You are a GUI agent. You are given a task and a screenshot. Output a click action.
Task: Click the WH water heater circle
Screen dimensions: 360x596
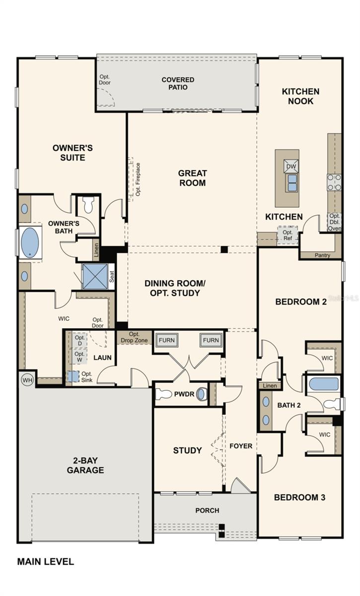coord(27,380)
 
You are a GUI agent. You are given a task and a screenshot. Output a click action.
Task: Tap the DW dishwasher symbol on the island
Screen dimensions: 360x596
coord(291,166)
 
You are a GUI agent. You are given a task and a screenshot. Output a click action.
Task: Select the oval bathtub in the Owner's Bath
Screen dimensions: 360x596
coord(29,242)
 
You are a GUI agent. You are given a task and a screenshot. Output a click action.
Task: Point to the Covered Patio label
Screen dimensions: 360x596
coord(178,83)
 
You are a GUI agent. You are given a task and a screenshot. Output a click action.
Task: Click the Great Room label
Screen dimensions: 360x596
coord(192,178)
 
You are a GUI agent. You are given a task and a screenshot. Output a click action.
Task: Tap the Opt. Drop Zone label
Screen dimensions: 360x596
coord(134,337)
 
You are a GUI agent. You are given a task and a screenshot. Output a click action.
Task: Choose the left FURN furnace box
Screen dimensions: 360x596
coord(167,340)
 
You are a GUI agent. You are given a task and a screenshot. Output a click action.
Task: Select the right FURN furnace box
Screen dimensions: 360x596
coord(211,340)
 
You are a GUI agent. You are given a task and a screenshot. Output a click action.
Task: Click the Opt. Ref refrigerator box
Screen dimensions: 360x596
coord(288,236)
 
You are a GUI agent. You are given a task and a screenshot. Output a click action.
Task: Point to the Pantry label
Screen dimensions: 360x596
coord(322,255)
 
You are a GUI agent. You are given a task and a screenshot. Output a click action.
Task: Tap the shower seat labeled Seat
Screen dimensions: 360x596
coord(112,277)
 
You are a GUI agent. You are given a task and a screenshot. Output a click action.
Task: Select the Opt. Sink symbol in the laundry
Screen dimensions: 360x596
coord(73,377)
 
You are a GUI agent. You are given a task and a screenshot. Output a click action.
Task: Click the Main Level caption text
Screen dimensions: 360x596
coord(46,562)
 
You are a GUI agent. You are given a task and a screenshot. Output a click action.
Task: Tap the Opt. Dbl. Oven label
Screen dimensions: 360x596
coord(334,222)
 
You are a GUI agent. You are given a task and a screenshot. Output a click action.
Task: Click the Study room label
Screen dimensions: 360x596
coord(187,450)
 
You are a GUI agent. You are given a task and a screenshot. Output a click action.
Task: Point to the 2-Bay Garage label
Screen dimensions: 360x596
coord(85,465)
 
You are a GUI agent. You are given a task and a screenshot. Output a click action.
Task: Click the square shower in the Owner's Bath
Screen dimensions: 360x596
coord(95,277)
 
